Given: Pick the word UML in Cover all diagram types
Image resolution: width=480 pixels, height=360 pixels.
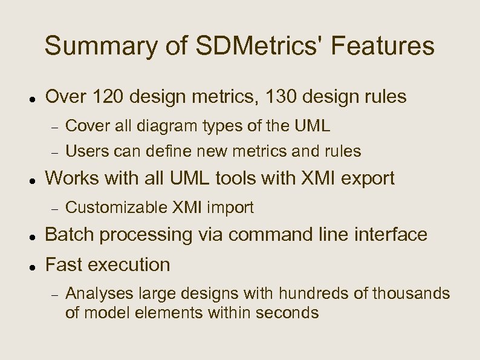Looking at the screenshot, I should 313,126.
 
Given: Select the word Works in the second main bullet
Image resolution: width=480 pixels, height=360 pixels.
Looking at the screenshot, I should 68,178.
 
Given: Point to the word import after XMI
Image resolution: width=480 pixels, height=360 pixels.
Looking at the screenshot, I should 230,209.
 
